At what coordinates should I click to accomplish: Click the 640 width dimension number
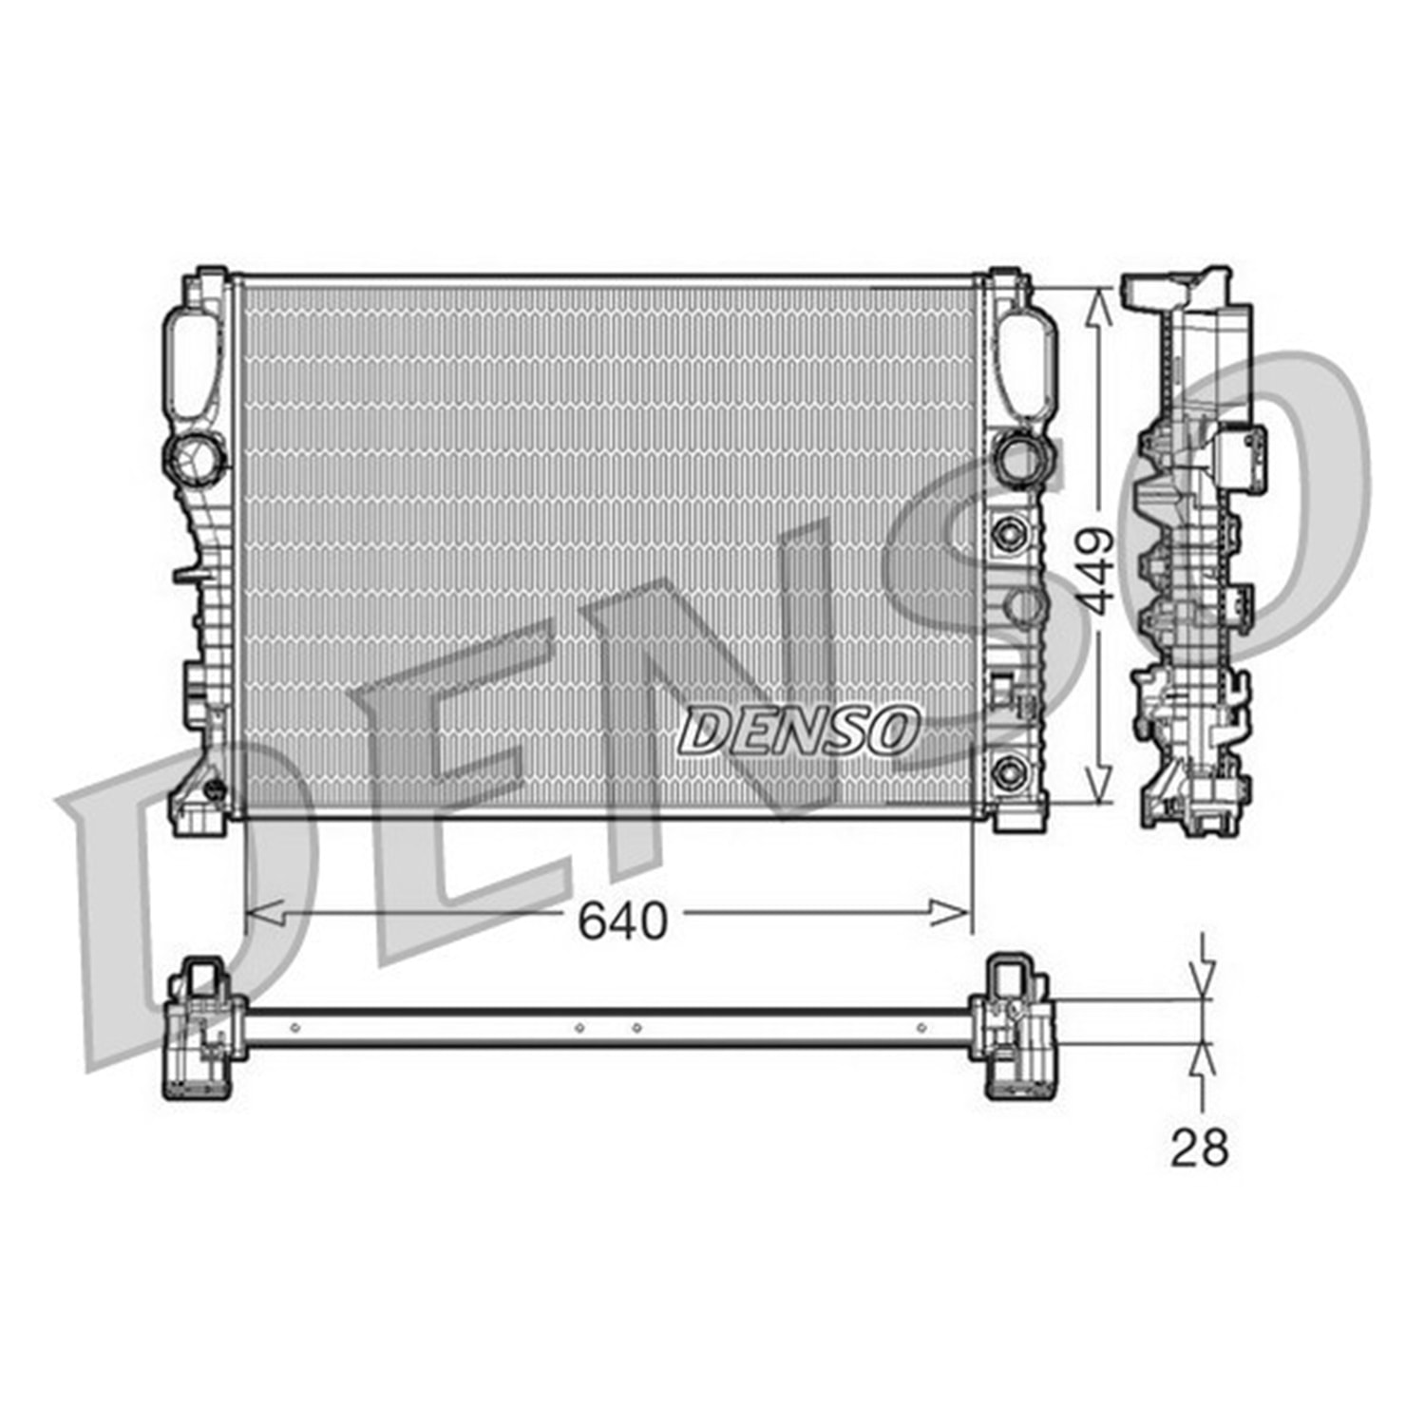point(623,920)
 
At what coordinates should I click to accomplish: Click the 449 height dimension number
point(1097,570)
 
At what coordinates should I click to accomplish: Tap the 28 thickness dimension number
point(1199,1147)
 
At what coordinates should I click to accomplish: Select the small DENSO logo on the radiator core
point(799,731)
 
